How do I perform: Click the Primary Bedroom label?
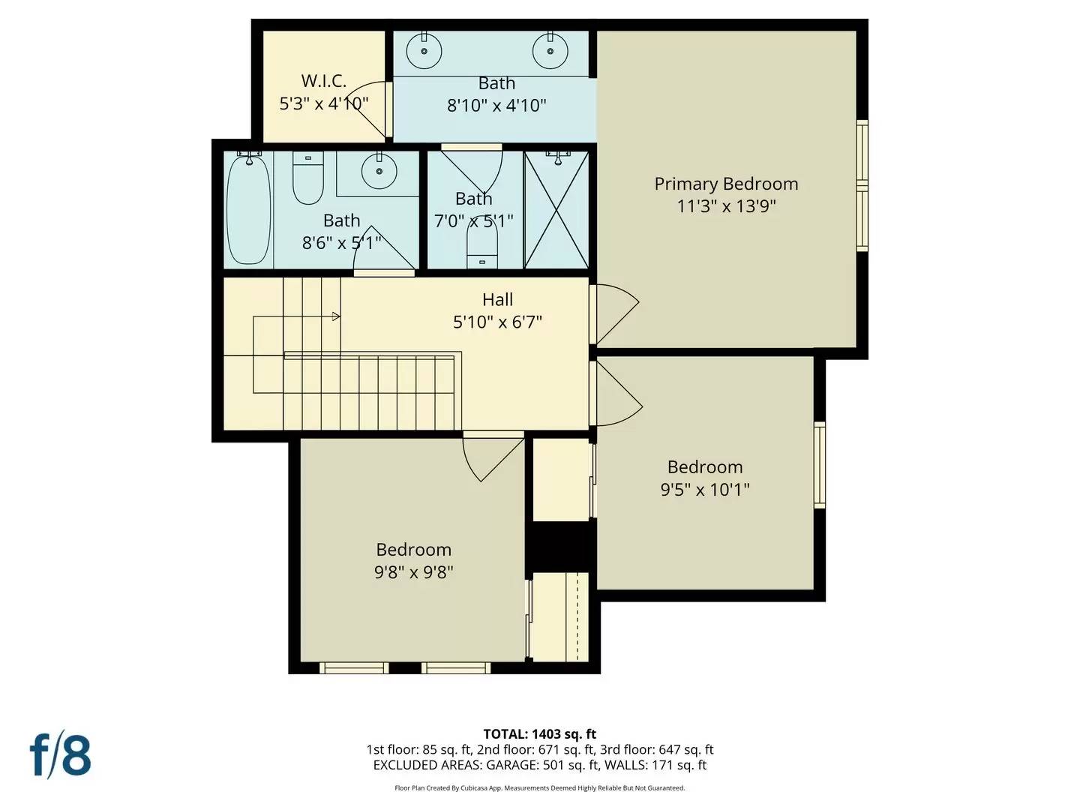point(725,184)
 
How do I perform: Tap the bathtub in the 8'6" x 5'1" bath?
point(248,210)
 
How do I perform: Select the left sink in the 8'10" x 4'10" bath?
point(424,51)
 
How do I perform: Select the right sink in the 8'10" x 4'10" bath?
point(550,51)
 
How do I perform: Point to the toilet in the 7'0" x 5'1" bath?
point(482,244)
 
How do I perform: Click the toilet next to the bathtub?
point(307,180)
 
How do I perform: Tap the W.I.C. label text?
point(323,81)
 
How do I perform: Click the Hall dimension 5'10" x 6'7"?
point(497,322)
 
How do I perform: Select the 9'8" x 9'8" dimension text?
point(413,572)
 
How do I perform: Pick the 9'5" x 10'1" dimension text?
point(704,490)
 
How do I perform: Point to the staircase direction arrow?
point(335,316)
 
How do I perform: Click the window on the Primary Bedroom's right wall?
point(862,185)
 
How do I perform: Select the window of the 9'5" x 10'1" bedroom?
point(820,465)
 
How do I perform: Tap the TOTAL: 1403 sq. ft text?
point(539,734)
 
